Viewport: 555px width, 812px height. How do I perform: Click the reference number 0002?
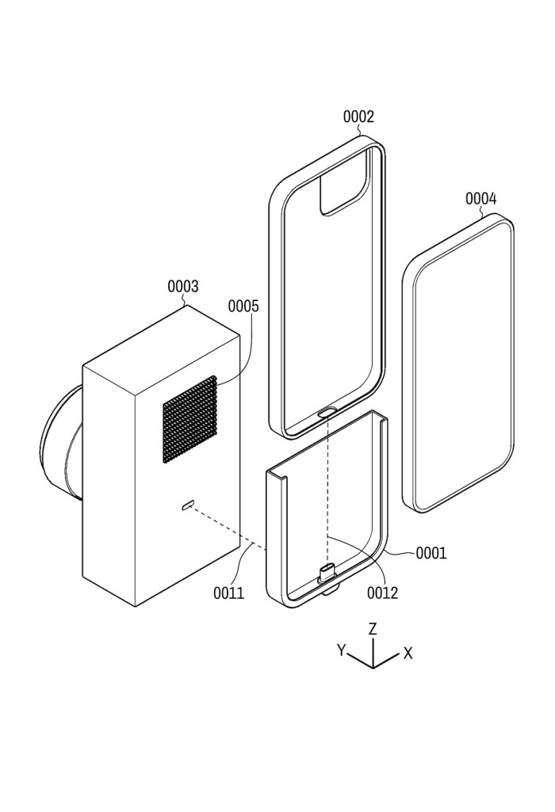pyautogui.click(x=358, y=117)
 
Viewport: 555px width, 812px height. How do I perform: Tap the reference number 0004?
pyautogui.click(x=480, y=199)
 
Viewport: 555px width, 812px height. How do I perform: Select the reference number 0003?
pyautogui.click(x=183, y=286)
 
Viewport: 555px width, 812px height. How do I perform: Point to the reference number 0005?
pyautogui.click(x=243, y=306)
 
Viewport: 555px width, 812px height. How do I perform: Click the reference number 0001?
pyautogui.click(x=431, y=554)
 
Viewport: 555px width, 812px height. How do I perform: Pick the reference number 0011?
pyautogui.click(x=228, y=593)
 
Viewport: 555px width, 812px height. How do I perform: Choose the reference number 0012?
pyautogui.click(x=382, y=593)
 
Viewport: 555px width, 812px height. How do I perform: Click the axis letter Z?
pyautogui.click(x=372, y=629)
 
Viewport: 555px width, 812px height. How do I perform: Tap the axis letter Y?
pyautogui.click(x=342, y=650)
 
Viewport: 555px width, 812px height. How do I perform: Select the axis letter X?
pyautogui.click(x=408, y=653)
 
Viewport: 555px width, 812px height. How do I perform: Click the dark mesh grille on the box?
pyautogui.click(x=189, y=419)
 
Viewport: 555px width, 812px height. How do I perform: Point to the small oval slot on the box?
pyautogui.click(x=187, y=505)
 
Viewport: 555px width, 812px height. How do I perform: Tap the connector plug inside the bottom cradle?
pyautogui.click(x=326, y=572)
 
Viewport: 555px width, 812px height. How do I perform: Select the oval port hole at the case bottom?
pyautogui.click(x=326, y=412)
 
